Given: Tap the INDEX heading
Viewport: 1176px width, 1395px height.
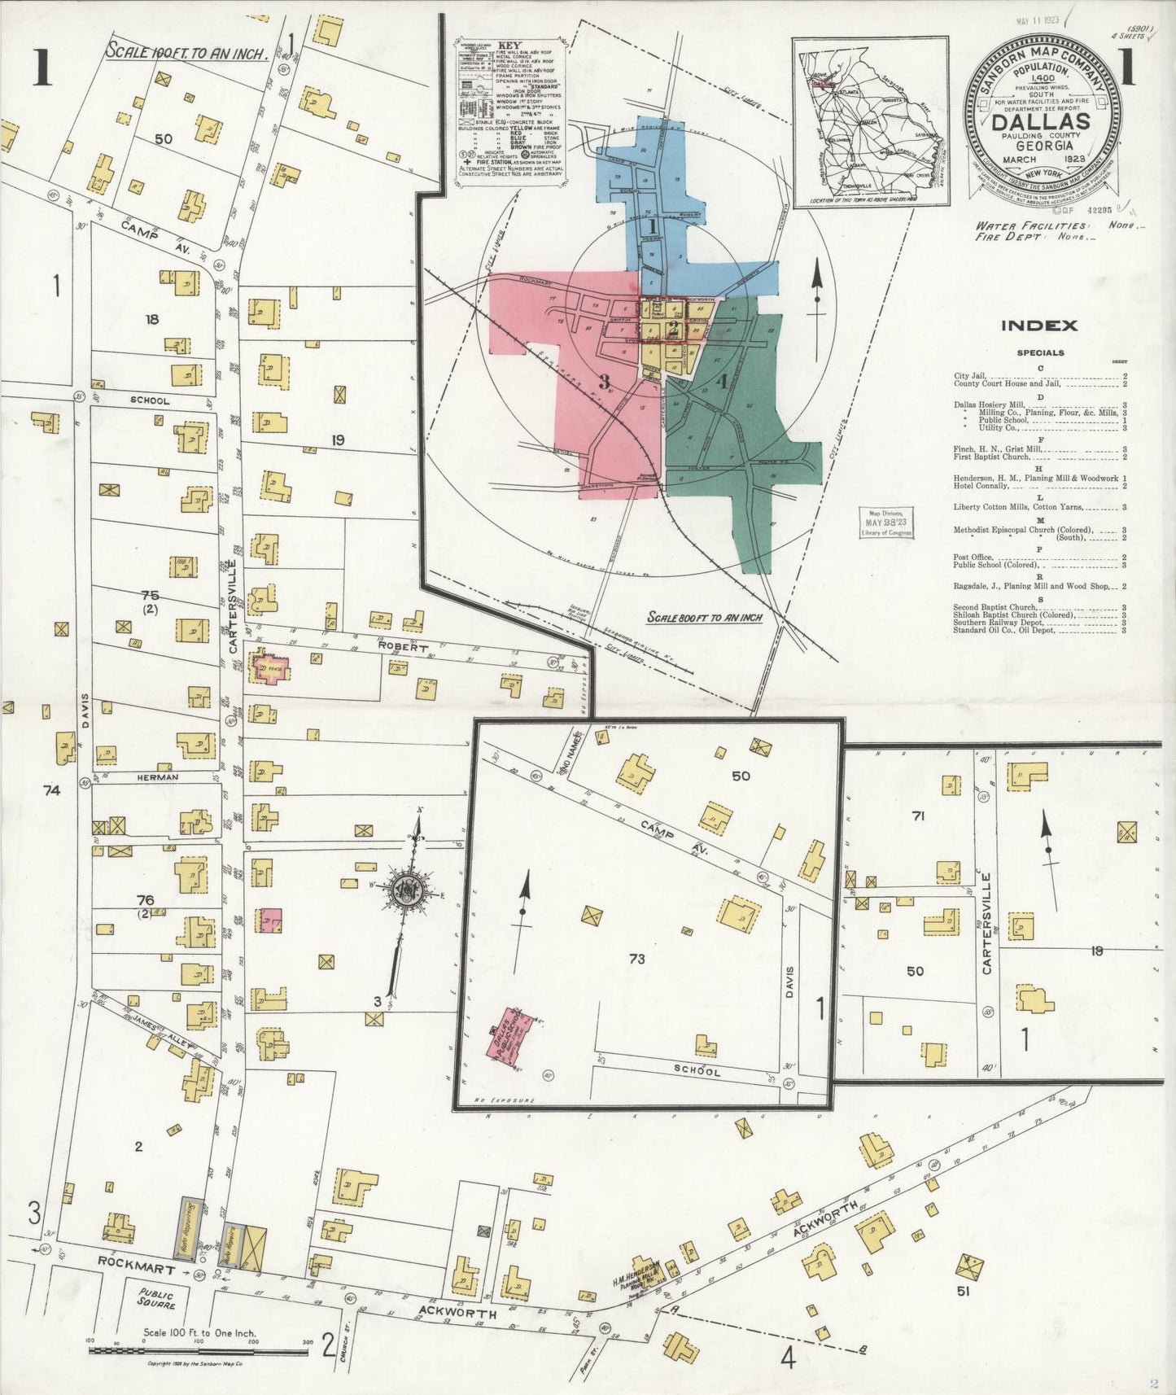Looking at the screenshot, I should tap(1038, 326).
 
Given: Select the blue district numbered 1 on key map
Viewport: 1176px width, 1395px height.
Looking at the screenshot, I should tap(652, 225).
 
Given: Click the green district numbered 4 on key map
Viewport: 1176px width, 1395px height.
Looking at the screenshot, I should tap(721, 380).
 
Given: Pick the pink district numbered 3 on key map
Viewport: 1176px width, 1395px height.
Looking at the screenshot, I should tap(604, 380).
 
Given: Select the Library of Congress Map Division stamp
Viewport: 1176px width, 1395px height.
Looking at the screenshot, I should tap(887, 523).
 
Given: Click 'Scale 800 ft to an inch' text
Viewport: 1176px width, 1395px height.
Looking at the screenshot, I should tap(704, 618).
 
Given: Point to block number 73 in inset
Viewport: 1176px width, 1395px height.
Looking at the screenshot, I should tap(636, 959).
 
